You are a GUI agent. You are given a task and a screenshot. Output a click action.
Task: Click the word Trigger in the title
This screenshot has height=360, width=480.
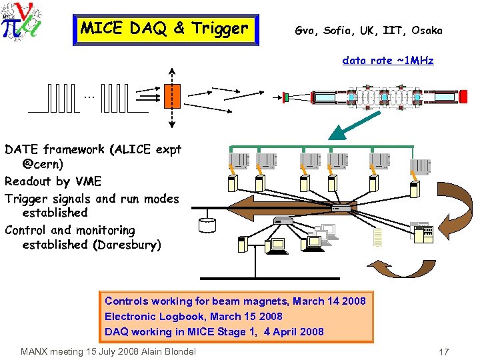pos(219,29)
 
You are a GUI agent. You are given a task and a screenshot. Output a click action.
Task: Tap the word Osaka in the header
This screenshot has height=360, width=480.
pos(427,31)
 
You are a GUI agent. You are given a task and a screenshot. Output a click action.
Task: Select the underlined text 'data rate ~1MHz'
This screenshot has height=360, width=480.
pos(387,61)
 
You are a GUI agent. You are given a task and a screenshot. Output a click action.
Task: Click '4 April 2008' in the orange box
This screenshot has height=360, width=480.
pos(293,331)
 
